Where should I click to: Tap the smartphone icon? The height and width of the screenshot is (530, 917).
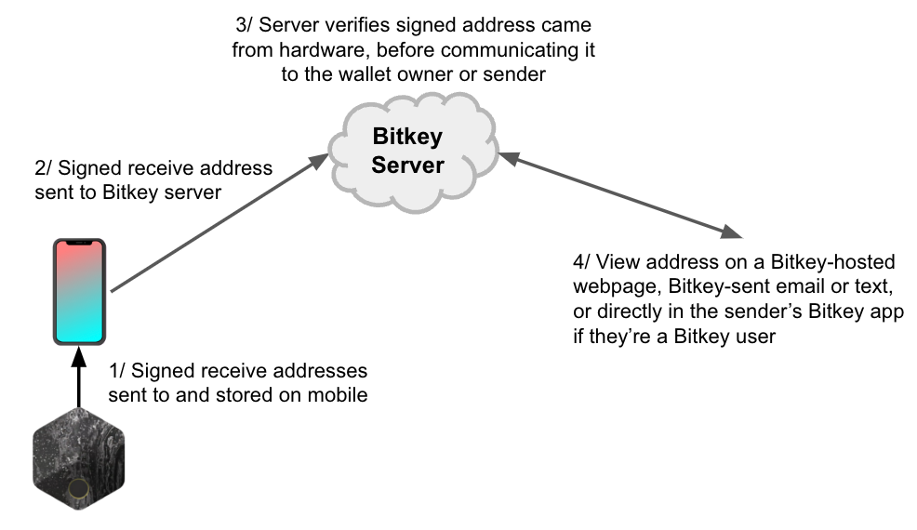[80, 291]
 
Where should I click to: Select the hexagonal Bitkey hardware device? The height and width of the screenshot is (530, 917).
[79, 459]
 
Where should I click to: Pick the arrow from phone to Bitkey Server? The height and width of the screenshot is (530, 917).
[219, 223]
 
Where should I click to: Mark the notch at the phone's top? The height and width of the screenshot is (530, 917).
[80, 244]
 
